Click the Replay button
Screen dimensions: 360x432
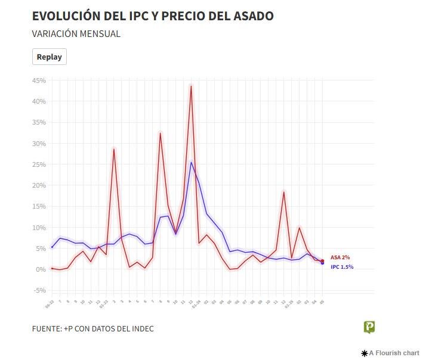click(x=49, y=57)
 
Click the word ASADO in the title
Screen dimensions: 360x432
click(x=249, y=16)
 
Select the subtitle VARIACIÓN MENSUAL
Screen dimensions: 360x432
click(x=76, y=34)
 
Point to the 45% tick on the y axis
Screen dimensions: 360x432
click(x=39, y=80)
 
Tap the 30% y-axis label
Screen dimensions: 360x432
click(x=39, y=144)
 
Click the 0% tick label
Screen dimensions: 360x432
click(x=41, y=269)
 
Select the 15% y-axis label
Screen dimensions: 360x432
click(x=39, y=206)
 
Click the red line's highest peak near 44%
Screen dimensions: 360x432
click(x=191, y=86)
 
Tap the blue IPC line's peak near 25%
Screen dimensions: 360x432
click(x=191, y=162)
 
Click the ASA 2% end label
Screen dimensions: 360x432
click(x=340, y=257)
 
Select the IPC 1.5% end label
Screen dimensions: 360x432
click(x=342, y=266)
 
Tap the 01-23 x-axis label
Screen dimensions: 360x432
click(x=104, y=304)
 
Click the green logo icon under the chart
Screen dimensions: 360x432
click(x=369, y=327)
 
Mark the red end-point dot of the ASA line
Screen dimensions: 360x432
click(x=322, y=260)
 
